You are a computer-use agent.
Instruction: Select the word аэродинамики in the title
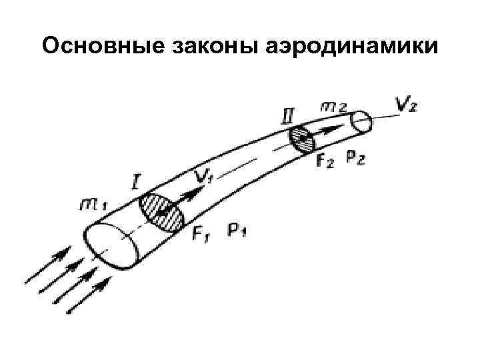click(353, 47)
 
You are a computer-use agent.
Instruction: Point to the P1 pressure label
click(238, 231)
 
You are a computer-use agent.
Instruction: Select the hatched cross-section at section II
click(302, 139)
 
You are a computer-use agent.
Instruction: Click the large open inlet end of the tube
click(111, 246)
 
